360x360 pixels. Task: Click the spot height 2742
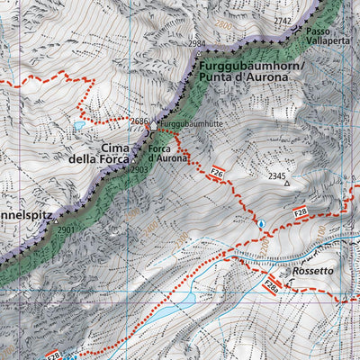coord(283,20)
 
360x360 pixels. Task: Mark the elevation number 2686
coord(139,121)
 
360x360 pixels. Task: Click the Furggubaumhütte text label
coord(190,123)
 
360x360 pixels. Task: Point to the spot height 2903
coord(139,170)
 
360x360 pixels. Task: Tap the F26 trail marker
coord(216,170)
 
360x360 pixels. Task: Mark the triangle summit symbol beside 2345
coord(288,184)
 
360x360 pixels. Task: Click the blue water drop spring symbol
coord(261,222)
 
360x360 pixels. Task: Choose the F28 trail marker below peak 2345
coord(301,212)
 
